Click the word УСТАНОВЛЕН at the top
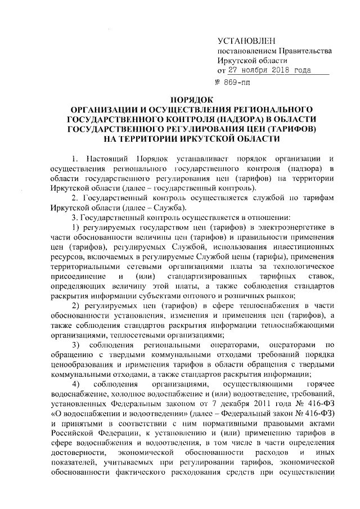tap(246, 41)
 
